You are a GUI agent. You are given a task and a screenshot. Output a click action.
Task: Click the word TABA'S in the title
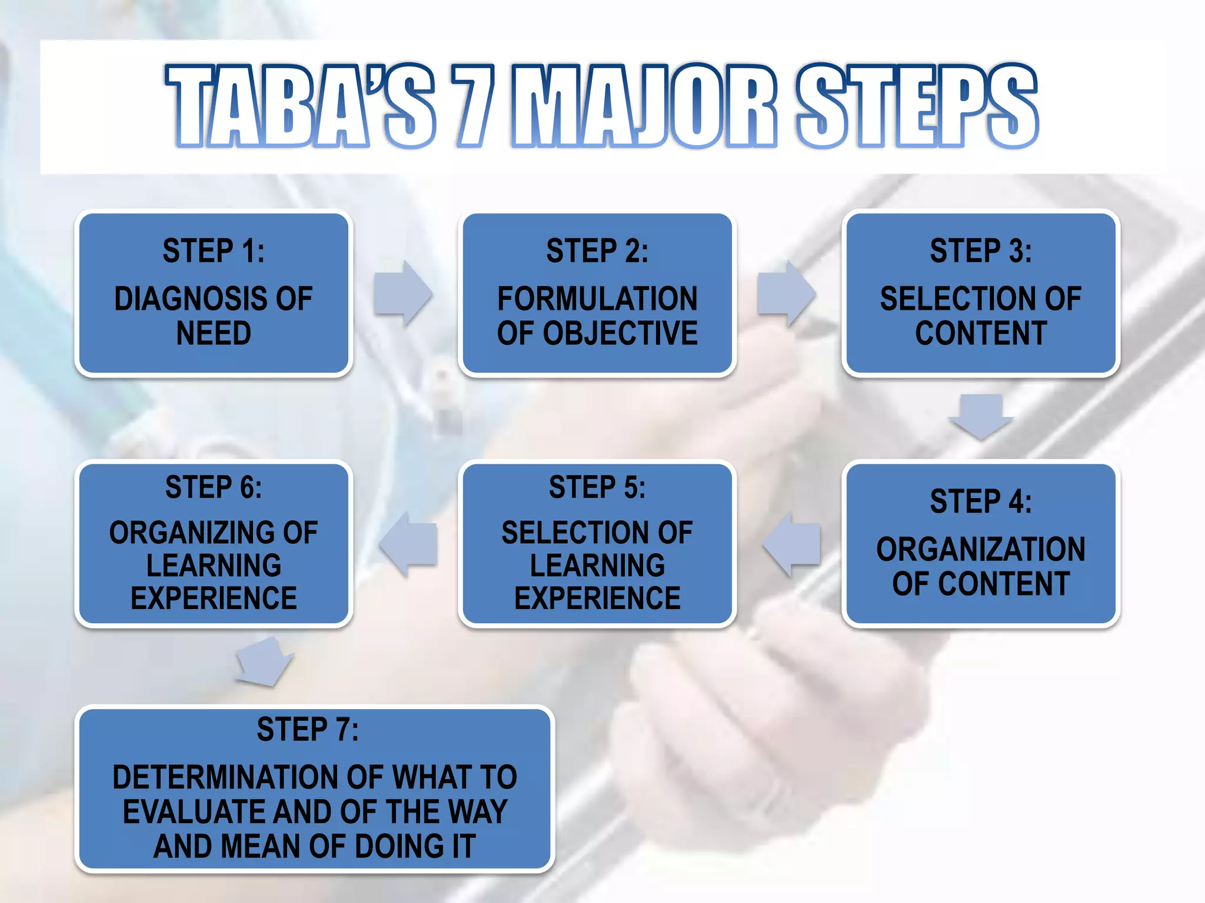300,106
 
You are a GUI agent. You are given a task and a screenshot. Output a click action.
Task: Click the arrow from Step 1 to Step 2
404,293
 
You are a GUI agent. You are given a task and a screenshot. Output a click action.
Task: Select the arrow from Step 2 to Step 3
787,293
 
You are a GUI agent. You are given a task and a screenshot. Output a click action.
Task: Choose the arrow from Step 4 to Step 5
792,543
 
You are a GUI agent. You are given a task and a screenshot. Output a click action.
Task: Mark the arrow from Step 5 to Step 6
409,543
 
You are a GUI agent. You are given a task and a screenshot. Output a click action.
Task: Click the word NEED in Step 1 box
214,333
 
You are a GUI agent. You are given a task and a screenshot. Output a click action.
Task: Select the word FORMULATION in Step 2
597,299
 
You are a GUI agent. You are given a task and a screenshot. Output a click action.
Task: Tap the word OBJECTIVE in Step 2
620,333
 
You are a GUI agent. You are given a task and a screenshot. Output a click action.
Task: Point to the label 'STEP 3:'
981,251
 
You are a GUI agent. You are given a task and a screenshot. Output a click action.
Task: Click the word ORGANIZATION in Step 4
981,550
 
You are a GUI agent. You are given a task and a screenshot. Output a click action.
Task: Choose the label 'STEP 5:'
597,487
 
